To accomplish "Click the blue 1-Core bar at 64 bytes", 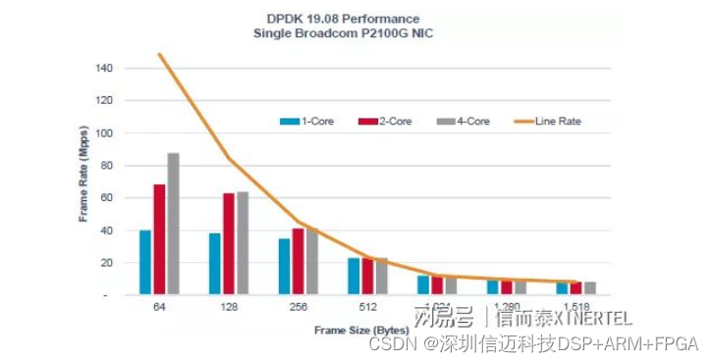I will click(x=145, y=262).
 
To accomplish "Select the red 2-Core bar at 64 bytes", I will click(x=159, y=239).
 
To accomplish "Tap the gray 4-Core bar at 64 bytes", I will click(x=173, y=224).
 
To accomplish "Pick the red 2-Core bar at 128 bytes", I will click(x=229, y=243).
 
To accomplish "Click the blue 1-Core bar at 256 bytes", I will click(x=285, y=266).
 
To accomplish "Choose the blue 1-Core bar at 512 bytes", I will click(x=354, y=276).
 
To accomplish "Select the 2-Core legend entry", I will click(x=378, y=122).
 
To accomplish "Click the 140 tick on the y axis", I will click(x=104, y=69).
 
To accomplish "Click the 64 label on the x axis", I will click(x=159, y=307).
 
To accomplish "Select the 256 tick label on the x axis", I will click(x=299, y=307).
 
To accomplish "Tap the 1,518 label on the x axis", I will click(x=577, y=307).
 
